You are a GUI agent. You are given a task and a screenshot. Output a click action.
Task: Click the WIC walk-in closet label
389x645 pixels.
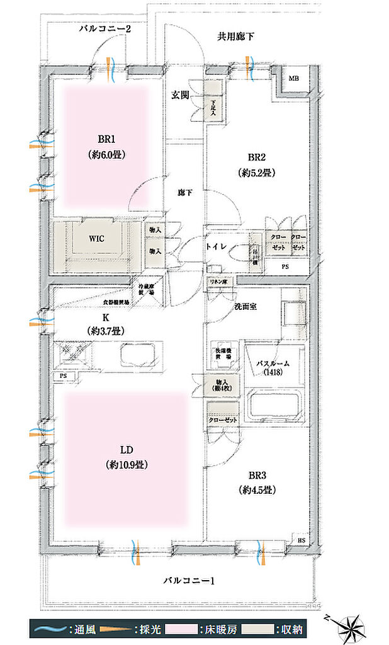[x=96, y=239]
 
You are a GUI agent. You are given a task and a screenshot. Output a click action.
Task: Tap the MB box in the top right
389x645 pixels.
[x=294, y=79]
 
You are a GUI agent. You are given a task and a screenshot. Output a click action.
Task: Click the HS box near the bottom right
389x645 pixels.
[x=302, y=539]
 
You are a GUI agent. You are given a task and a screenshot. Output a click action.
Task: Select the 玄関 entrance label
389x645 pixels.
[x=181, y=96]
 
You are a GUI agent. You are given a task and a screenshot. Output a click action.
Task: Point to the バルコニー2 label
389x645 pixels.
[x=105, y=29]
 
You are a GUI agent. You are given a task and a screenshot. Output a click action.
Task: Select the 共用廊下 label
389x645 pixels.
[x=236, y=37]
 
